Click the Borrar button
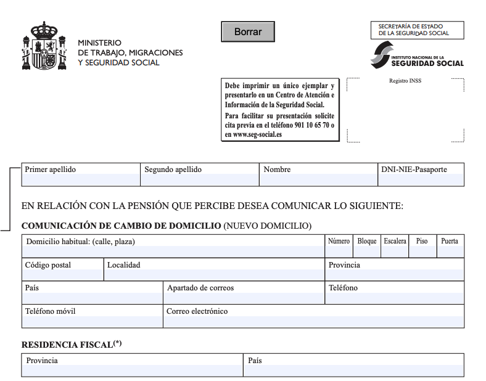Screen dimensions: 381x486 [x=247, y=31]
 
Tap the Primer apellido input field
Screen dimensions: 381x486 [x=81, y=179]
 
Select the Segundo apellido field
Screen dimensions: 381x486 [x=199, y=179]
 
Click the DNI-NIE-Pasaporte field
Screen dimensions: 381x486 [x=421, y=179]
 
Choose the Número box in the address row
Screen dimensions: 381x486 [x=339, y=252]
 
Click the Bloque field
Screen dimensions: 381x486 [x=367, y=252]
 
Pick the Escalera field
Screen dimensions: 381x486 [x=395, y=252]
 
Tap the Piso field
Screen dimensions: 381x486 [x=422, y=252]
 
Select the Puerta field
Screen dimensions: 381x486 [x=450, y=252]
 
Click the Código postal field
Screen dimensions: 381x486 [x=62, y=275]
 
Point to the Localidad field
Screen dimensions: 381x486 [x=214, y=275]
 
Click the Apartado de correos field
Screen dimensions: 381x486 [x=244, y=298]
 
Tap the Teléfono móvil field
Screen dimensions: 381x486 [x=92, y=322]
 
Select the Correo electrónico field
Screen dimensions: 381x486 [x=313, y=322]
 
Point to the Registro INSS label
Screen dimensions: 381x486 [x=405, y=81]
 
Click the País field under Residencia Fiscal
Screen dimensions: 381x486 [x=353, y=371]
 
